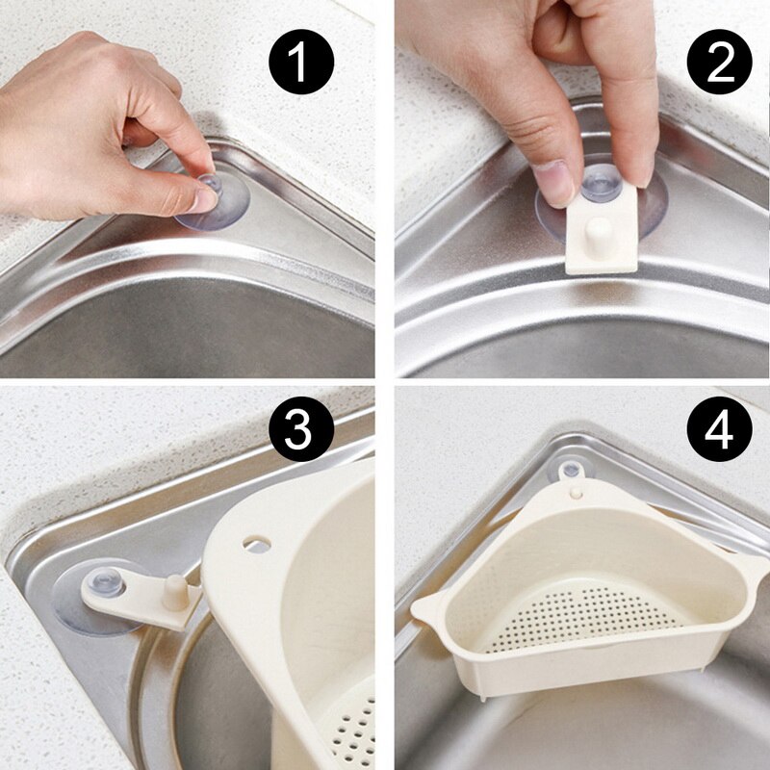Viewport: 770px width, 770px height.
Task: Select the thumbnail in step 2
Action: coord(555,183)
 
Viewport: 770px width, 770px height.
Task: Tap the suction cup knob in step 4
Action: coord(571,471)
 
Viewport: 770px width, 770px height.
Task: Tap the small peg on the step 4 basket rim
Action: coord(576,492)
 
